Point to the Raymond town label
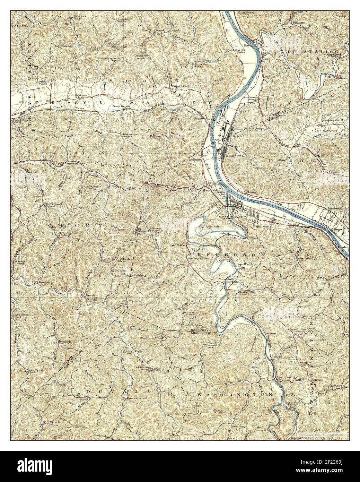tap(252, 45)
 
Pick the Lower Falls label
tap(204, 226)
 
